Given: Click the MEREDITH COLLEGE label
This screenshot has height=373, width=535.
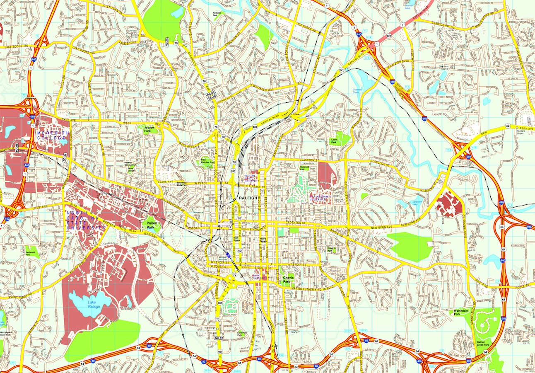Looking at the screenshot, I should [51, 135].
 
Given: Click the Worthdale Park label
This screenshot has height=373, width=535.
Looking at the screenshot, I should [460, 314].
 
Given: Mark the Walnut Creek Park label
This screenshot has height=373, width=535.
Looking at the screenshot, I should [481, 343].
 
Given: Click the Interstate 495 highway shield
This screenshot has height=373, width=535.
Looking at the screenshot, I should [530, 227].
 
